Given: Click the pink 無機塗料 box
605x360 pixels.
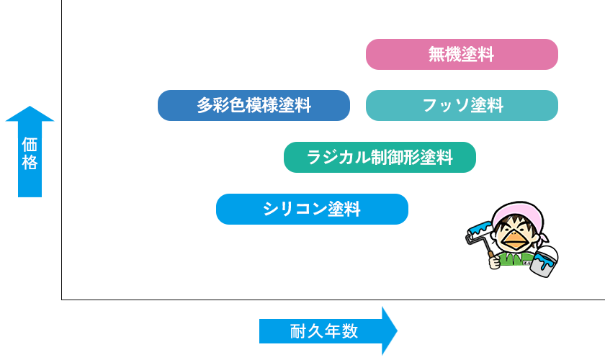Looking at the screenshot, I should tap(462, 54).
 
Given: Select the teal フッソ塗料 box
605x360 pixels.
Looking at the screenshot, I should tap(462, 105).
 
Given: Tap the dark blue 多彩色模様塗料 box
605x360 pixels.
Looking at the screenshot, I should tap(254, 105).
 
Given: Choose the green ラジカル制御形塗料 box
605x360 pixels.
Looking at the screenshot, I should tap(380, 157).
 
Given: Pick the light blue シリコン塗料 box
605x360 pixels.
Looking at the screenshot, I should tap(312, 209).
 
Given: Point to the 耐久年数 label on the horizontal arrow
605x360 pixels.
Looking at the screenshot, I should tap(323, 331).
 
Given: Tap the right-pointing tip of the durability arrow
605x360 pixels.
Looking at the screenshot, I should tap(395, 331).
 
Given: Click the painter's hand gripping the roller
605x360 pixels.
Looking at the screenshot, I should tap(494, 262).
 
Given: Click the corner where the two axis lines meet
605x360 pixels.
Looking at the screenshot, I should tap(62, 299).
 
